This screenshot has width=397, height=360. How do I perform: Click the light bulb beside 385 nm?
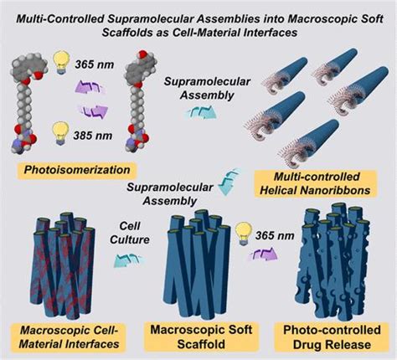[61, 134]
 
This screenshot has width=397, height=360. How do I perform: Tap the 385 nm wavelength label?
[93, 136]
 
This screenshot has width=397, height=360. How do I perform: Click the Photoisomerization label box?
[77, 170]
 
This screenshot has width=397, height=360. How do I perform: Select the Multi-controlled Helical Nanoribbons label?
[316, 184]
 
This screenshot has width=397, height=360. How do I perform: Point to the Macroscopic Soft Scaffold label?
[201, 337]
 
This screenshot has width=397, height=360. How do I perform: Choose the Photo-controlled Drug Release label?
[332, 337]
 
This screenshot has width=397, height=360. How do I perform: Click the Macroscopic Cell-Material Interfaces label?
[69, 337]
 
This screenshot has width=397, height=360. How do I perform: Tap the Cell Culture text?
[130, 233]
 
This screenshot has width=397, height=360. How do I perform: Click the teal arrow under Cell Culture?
[129, 260]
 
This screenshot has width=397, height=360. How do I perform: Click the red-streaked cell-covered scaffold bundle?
[63, 265]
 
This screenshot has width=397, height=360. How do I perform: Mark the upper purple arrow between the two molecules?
[90, 87]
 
